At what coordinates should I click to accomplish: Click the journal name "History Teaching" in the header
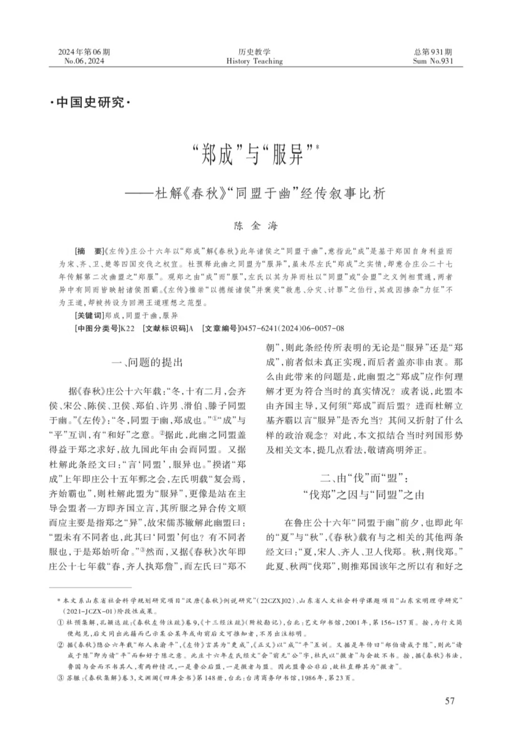point(254,61)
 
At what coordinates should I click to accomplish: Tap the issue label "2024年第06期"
point(84,52)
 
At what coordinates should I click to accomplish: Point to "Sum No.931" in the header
point(433,61)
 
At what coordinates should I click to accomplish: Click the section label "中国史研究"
point(89,102)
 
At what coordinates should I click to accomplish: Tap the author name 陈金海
point(256,226)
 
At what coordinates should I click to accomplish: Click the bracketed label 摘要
point(88,251)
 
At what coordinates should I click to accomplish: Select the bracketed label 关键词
point(88,315)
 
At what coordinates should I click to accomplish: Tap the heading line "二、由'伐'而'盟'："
point(364,479)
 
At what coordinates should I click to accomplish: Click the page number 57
point(450,701)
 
